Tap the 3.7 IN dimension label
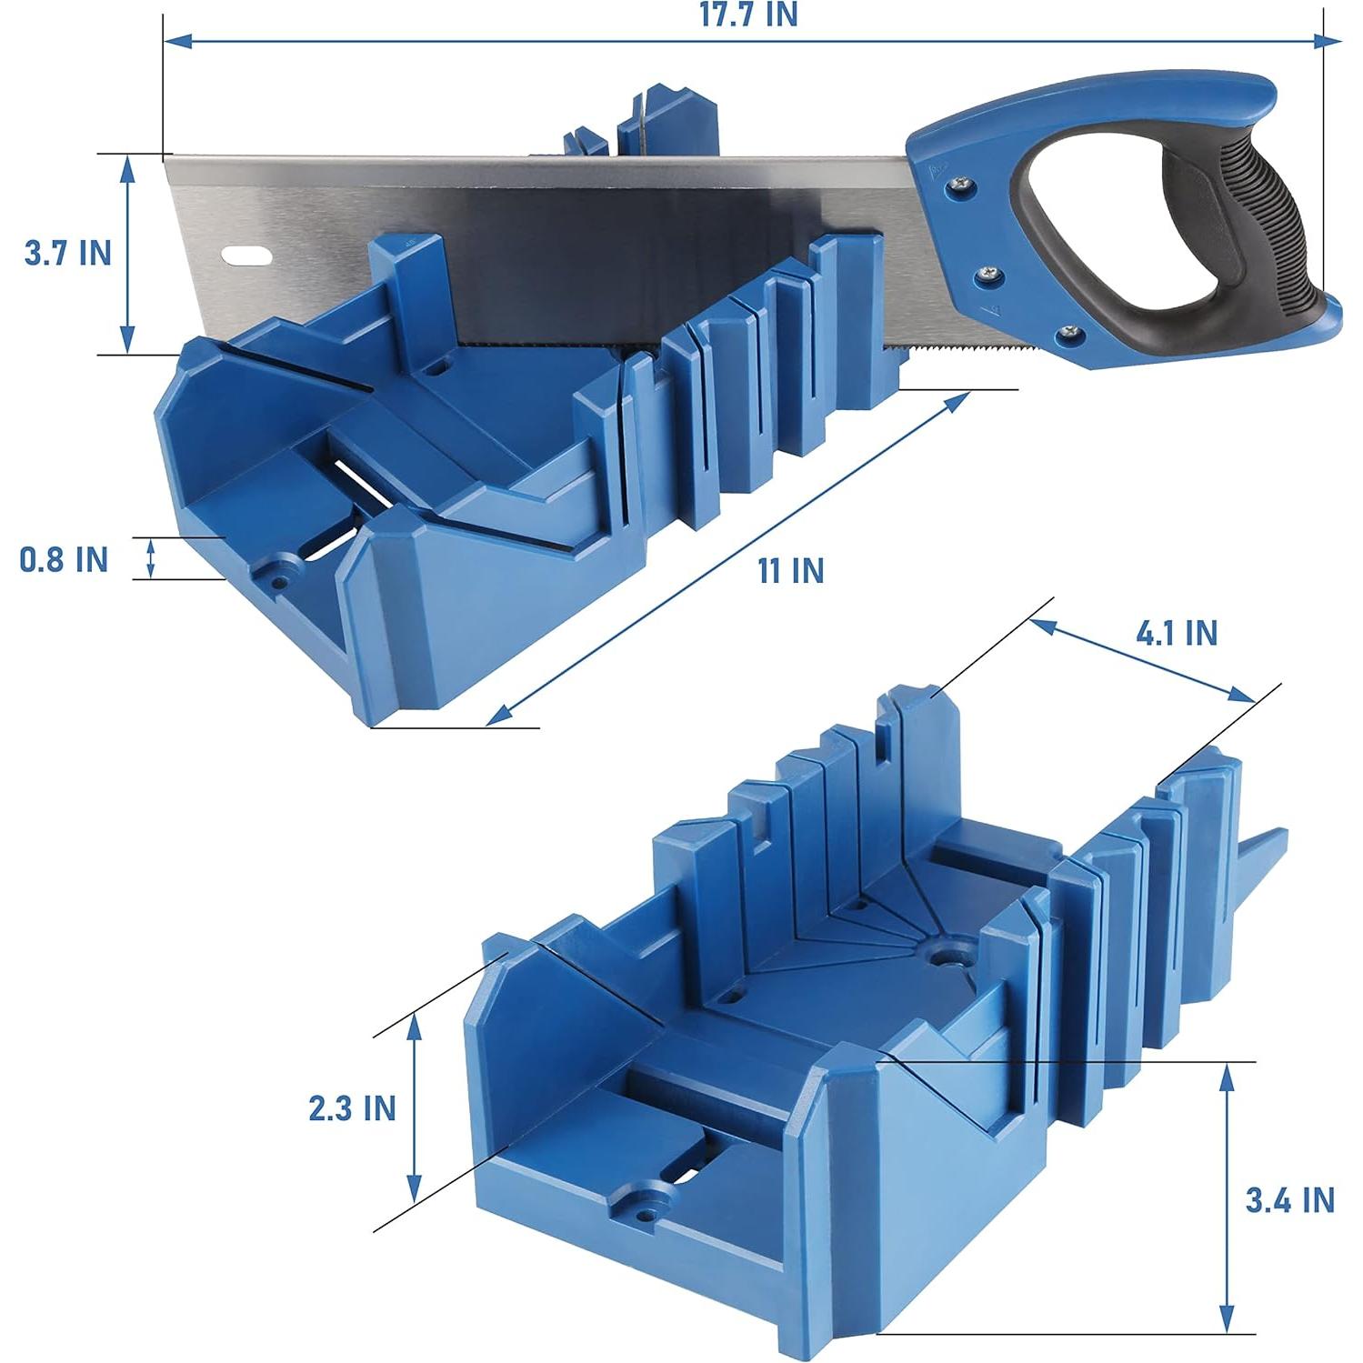click(67, 253)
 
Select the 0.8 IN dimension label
click(64, 559)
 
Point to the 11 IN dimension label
click(791, 571)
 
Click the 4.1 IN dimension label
click(1176, 633)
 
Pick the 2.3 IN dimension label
click(352, 1108)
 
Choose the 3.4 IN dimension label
click(1289, 1200)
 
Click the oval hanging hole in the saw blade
click(245, 256)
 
